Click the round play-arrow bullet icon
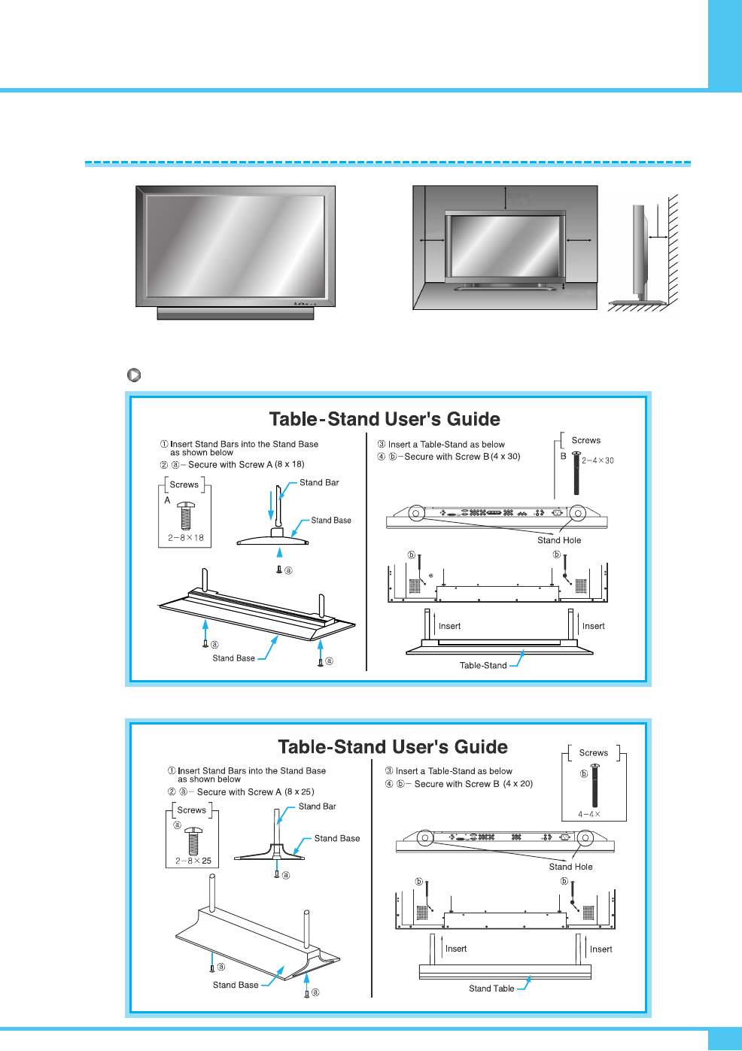click(x=134, y=375)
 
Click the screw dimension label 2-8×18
click(x=186, y=538)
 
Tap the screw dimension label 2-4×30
click(x=598, y=460)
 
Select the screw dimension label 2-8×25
click(x=193, y=861)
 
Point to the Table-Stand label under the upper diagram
click(x=483, y=665)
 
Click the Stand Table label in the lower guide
click(x=491, y=989)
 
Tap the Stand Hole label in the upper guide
click(x=559, y=540)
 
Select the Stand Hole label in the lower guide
click(x=570, y=867)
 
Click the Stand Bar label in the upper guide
click(x=319, y=483)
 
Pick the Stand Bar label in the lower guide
click(x=318, y=806)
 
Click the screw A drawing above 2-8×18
click(x=186, y=516)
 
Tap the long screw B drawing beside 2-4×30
click(x=576, y=473)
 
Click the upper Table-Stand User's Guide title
click(x=385, y=419)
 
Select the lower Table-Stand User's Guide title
click(x=393, y=747)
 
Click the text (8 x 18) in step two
click(x=290, y=464)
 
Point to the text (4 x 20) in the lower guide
click(x=518, y=784)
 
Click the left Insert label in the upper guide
click(x=449, y=626)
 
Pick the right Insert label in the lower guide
click(x=601, y=949)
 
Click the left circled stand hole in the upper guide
click(x=417, y=514)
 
